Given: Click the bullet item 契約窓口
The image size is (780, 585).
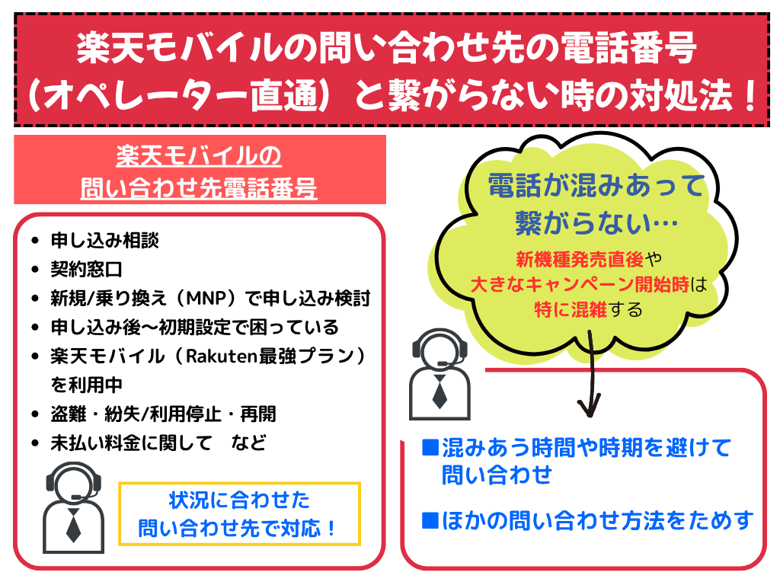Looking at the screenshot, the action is click(x=86, y=270).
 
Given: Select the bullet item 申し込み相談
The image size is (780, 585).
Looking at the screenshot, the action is click(x=104, y=241).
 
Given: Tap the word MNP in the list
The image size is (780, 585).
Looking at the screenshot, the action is click(x=206, y=299).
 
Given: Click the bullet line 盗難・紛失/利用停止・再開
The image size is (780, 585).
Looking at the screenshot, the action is click(x=163, y=414).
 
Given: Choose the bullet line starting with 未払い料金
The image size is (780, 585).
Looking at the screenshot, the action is click(x=158, y=443).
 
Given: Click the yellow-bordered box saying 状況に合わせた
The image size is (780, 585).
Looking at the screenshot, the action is click(x=239, y=514).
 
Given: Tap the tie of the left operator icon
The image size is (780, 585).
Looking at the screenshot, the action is click(x=73, y=526).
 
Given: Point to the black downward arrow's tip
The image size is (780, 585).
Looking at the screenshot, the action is click(x=589, y=417).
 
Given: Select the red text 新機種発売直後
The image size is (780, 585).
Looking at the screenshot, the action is click(x=580, y=259).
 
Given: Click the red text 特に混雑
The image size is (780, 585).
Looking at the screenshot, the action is click(x=571, y=310).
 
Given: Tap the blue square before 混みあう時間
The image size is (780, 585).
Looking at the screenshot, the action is click(x=430, y=447).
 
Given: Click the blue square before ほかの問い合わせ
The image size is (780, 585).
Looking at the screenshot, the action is click(x=430, y=519).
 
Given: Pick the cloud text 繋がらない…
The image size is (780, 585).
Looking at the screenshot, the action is click(x=596, y=222).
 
